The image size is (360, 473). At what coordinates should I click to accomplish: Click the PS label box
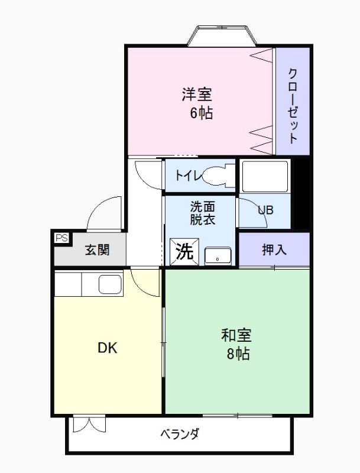(x=61, y=238)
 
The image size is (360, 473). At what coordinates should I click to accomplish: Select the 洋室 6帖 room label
(x=197, y=103)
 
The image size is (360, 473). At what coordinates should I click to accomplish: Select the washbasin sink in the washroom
(x=218, y=256)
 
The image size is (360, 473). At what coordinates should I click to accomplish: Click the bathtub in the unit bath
(x=264, y=176)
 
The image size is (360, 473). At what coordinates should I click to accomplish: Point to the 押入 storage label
(x=274, y=250)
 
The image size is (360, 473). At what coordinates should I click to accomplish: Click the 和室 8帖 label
(x=236, y=345)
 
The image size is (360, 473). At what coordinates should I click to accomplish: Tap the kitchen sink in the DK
(x=111, y=285)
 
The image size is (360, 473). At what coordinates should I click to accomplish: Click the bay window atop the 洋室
(x=222, y=36)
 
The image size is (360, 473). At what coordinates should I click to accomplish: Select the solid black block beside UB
(x=301, y=193)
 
